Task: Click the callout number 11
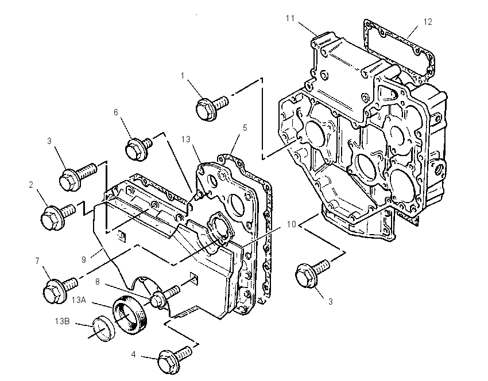[290, 19]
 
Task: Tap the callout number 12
[428, 22]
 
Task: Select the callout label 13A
[79, 300]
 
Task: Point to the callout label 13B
[62, 321]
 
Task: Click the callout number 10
[291, 224]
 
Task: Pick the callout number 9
[83, 260]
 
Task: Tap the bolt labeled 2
[58, 216]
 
